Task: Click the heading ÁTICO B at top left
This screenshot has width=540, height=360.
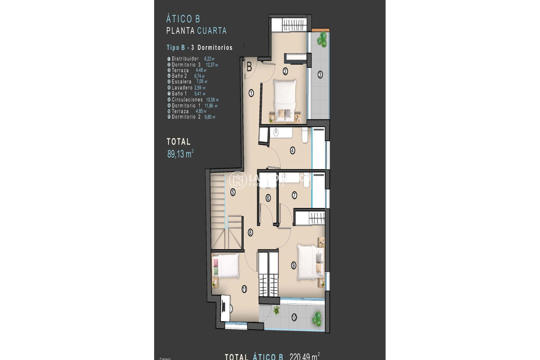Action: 183,19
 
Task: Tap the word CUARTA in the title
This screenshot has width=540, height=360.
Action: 212,31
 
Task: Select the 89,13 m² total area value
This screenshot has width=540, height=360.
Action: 180,154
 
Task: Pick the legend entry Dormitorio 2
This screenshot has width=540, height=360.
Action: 186,117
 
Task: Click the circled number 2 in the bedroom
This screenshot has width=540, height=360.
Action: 285,71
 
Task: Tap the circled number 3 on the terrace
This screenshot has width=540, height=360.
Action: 320,75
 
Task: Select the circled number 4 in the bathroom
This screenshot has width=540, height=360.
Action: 292,150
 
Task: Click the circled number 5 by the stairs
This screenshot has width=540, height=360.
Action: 233,192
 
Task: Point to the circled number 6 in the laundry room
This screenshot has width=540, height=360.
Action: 268,198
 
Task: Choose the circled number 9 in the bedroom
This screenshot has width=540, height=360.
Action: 294,265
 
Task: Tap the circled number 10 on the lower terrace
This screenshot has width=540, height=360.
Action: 294,318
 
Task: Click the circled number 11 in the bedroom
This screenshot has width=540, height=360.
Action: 244,289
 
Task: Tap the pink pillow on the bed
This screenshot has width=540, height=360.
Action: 216,263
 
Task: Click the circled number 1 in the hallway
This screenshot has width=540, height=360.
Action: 251,93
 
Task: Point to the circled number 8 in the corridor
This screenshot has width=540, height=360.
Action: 250,233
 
